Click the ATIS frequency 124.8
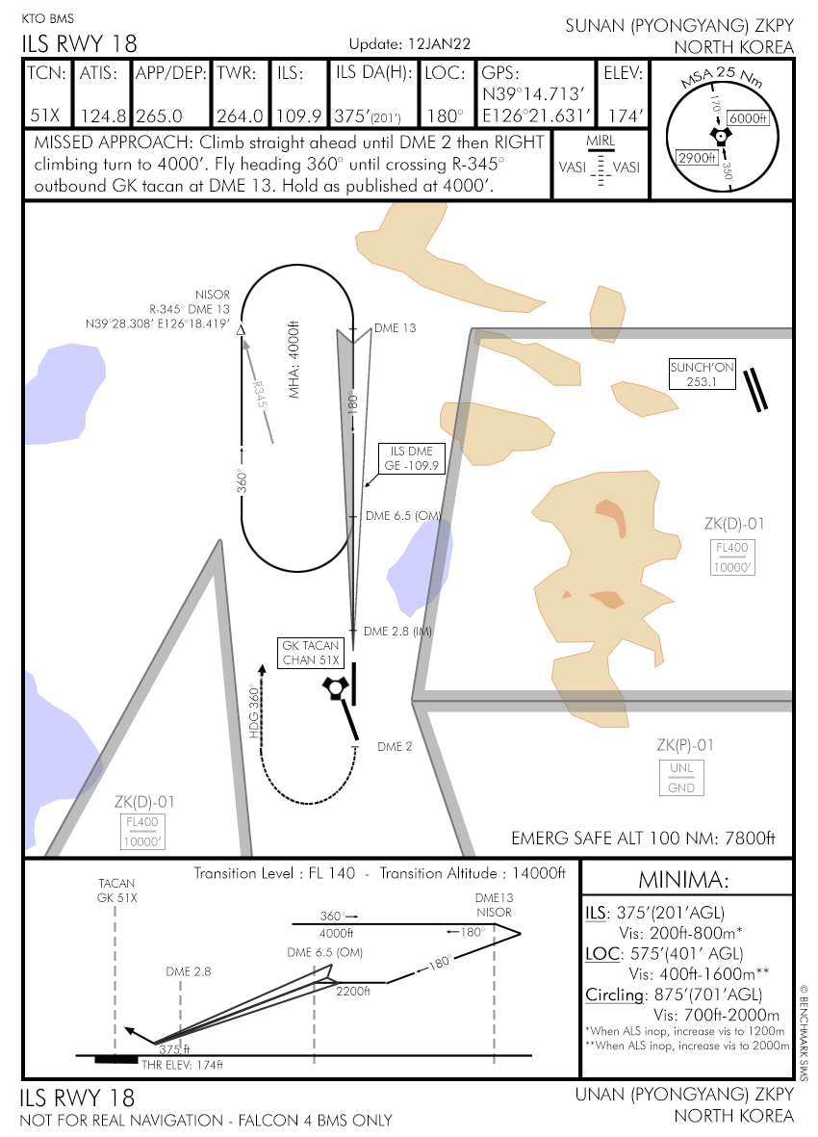(x=102, y=116)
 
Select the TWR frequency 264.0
(x=240, y=116)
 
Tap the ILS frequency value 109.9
(x=298, y=116)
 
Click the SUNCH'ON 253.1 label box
(x=703, y=375)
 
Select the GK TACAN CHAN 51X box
(x=311, y=653)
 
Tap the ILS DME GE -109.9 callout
(x=413, y=458)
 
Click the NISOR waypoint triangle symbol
(x=242, y=330)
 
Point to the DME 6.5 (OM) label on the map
(x=402, y=516)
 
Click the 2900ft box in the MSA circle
(x=696, y=158)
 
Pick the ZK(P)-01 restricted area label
(x=685, y=745)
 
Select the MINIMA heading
(x=685, y=880)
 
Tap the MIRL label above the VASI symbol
(x=600, y=142)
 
